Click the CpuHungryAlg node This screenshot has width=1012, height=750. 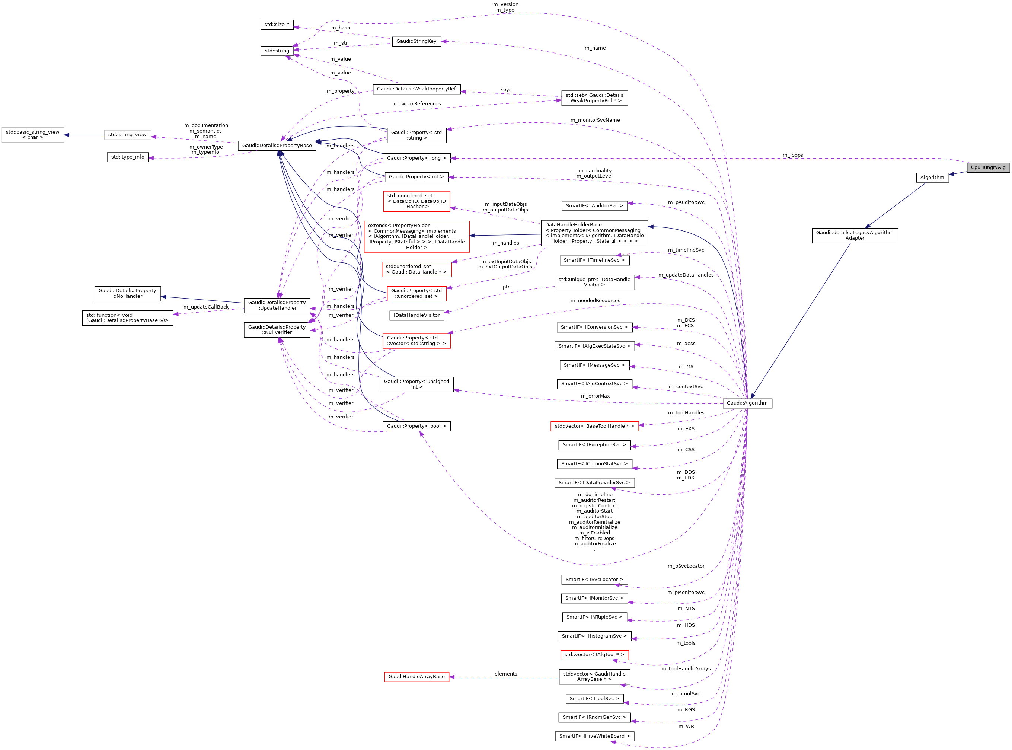[x=987, y=167]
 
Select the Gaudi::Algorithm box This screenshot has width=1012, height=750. [x=747, y=403]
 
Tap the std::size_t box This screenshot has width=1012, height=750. [x=277, y=25]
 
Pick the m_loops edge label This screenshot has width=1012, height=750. [x=792, y=155]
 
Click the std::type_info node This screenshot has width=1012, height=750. [x=128, y=157]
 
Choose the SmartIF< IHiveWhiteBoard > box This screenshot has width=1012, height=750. [x=594, y=736]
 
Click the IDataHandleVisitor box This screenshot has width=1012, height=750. [x=416, y=315]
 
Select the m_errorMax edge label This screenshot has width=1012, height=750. [x=595, y=396]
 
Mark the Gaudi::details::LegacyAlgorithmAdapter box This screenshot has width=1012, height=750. [x=855, y=235]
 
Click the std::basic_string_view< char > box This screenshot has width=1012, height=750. [x=33, y=135]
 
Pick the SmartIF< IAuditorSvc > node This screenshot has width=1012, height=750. [x=594, y=206]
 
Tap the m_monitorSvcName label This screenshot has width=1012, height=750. [x=595, y=120]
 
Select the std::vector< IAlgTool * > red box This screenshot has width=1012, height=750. [x=594, y=655]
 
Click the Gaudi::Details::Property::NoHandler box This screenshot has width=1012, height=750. [x=127, y=293]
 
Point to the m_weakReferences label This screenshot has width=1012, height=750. [x=417, y=104]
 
